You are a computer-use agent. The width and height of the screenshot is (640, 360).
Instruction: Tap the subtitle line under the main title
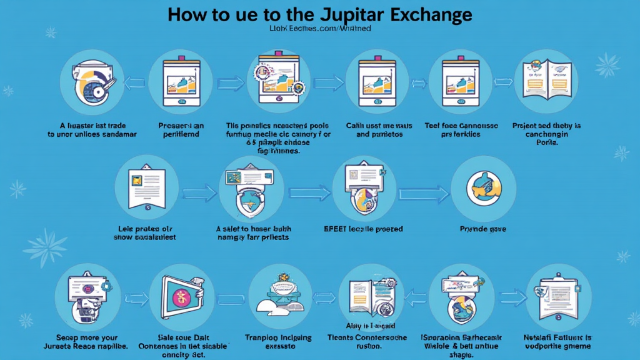click(x=320, y=28)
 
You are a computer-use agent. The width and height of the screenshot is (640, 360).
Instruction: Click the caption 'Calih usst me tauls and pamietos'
click(x=376, y=129)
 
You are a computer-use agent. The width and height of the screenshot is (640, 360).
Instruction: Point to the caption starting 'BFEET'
click(x=362, y=229)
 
